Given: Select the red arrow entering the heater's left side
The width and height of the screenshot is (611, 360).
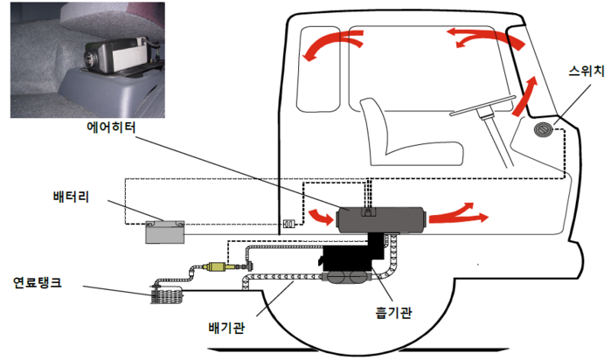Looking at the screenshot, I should [317, 216].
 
